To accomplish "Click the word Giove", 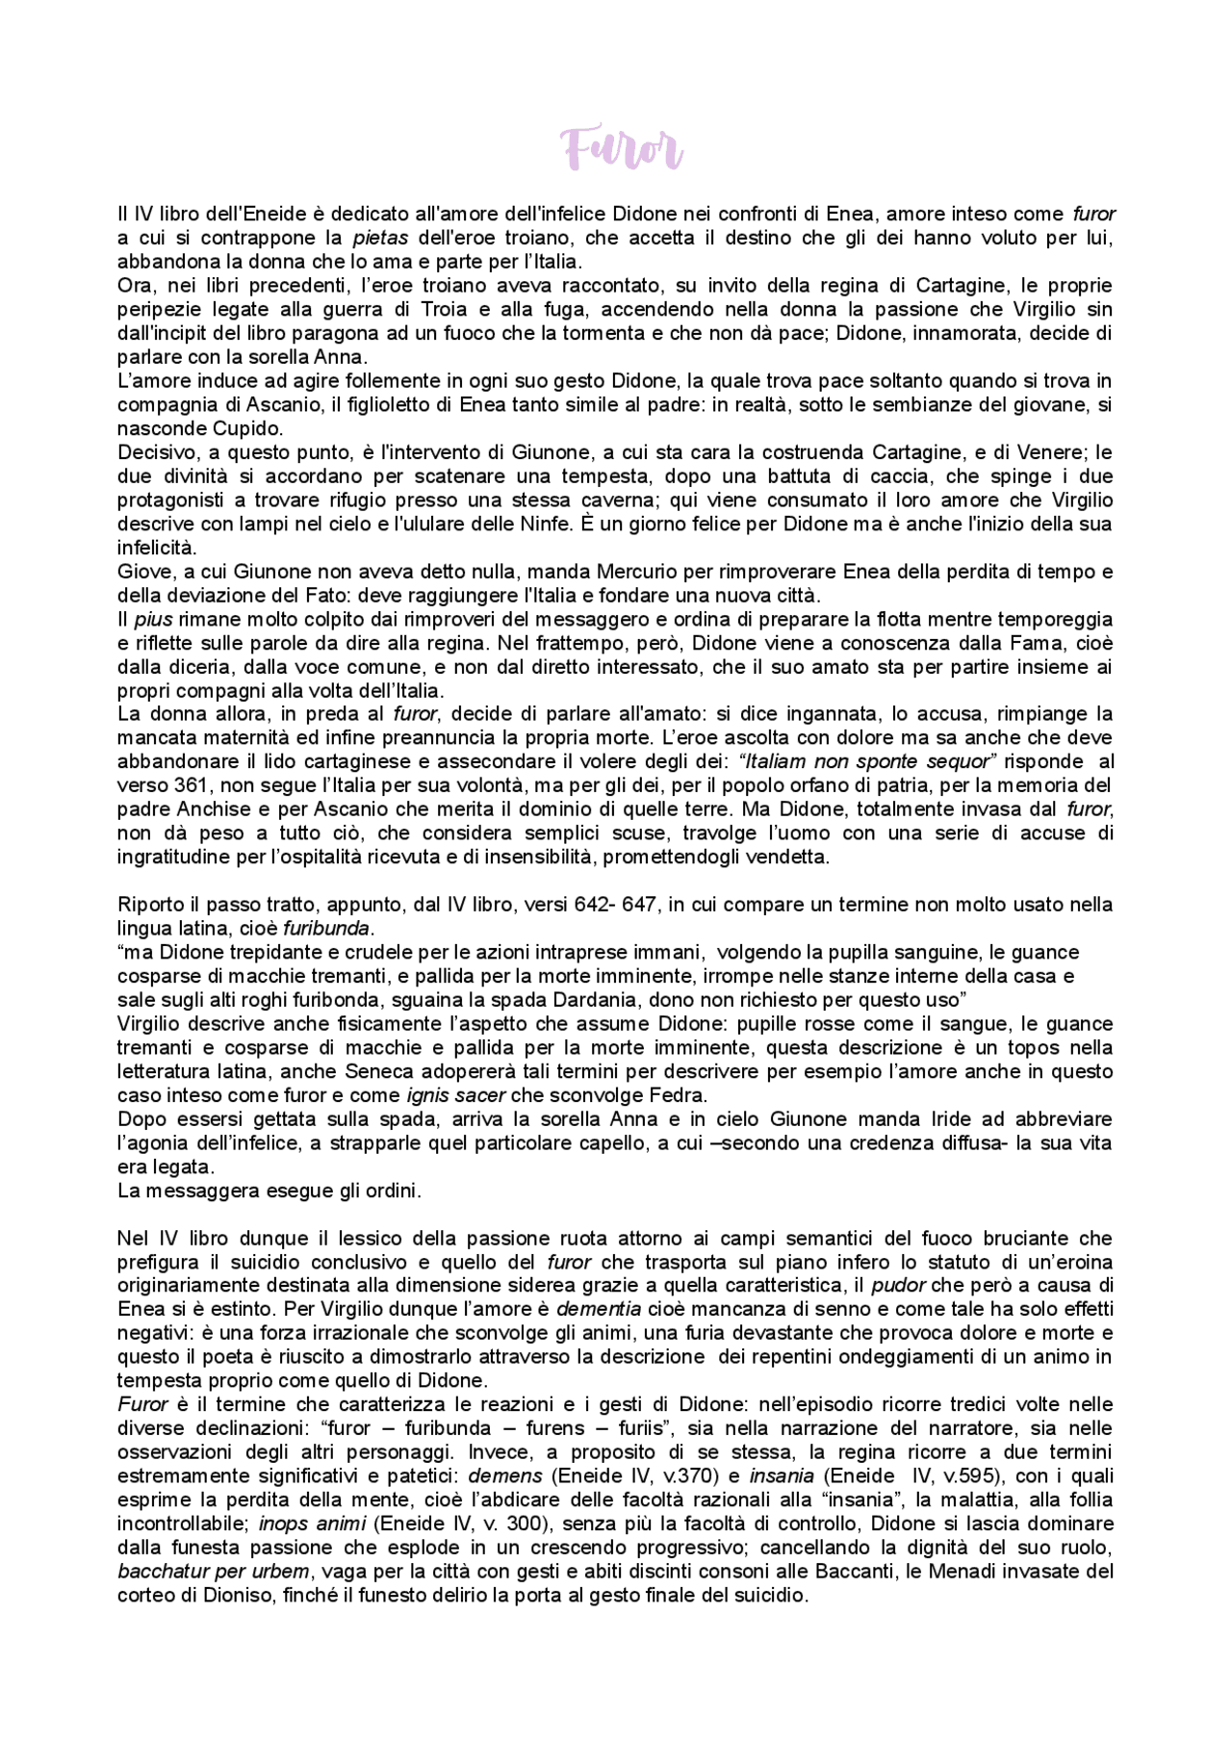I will point(142,572).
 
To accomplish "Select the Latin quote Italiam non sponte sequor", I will point(866,761).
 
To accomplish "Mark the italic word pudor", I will point(898,1286).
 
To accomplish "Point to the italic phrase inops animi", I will point(310,1524).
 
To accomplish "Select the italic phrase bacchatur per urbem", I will point(214,1572).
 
